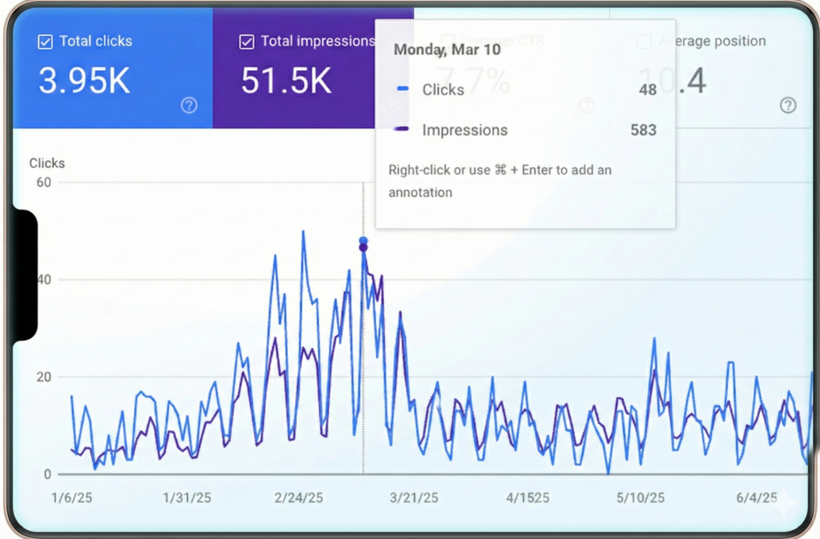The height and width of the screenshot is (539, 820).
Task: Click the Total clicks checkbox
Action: click(46, 42)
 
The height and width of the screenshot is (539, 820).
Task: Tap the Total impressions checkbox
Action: click(247, 42)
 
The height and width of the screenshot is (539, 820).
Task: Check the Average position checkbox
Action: click(644, 42)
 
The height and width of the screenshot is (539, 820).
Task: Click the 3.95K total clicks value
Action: click(84, 82)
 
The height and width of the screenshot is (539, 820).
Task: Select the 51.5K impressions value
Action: click(286, 82)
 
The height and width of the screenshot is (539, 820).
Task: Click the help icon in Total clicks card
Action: click(189, 105)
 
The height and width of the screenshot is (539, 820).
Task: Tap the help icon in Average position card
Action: click(788, 105)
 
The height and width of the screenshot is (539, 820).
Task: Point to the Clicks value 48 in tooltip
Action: click(647, 90)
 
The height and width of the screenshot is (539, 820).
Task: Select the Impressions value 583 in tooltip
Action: click(643, 130)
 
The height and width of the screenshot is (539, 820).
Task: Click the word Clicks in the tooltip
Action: click(443, 90)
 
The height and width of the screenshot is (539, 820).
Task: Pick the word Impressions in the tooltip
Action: click(464, 130)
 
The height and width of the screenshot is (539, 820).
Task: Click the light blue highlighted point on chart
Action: click(364, 241)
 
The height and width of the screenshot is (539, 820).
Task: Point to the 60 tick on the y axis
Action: click(42, 182)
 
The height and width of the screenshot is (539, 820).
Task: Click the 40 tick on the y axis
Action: click(42, 280)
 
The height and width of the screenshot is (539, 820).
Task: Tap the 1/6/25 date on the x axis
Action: click(71, 498)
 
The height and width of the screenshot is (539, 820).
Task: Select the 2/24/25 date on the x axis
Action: click(299, 498)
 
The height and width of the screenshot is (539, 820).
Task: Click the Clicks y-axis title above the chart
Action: click(47, 163)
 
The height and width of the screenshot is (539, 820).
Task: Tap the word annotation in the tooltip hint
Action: click(420, 193)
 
